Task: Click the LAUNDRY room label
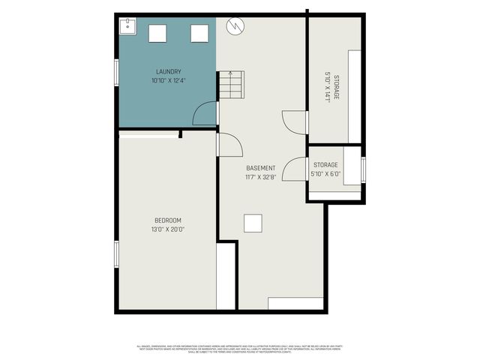point(168,72)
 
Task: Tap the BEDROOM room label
point(168,220)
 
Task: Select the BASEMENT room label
point(260,168)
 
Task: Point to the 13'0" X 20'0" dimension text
point(168,229)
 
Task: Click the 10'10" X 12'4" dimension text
point(168,80)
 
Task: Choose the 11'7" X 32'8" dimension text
point(260,177)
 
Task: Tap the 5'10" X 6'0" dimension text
point(325,174)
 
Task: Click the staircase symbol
point(231,85)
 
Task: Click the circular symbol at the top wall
point(235,25)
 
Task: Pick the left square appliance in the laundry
point(158,33)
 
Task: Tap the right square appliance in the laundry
point(199,33)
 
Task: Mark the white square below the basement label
point(253,223)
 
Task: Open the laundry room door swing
point(205,113)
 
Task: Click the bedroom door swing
point(229,145)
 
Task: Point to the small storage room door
point(296,170)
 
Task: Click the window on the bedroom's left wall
point(115,253)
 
